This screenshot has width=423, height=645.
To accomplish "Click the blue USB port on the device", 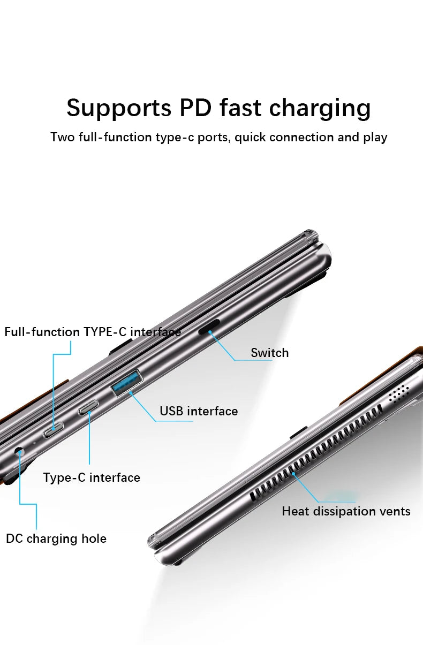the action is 127,383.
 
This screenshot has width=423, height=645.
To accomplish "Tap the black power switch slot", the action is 209,327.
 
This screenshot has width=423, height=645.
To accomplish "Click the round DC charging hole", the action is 19,451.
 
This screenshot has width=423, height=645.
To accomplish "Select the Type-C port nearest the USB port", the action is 88,407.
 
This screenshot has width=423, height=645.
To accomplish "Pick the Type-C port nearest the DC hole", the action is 53,430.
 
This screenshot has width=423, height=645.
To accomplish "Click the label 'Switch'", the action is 269,353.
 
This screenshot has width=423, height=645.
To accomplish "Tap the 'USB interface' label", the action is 199,411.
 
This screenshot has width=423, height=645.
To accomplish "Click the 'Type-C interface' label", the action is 92,477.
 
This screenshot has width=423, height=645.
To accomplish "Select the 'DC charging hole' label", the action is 56,538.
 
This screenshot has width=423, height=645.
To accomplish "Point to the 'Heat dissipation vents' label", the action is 346,511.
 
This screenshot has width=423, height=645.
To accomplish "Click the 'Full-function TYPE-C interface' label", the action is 93,332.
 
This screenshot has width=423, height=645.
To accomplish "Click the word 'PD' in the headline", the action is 196,108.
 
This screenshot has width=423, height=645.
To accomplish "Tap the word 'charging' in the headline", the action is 320,109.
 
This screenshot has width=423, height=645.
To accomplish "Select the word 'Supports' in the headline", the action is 119,109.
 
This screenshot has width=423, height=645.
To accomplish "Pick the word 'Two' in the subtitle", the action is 63,137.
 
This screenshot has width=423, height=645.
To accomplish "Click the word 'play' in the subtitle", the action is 375,138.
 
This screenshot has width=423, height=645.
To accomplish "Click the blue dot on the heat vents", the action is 293,473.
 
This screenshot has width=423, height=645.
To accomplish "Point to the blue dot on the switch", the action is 210,332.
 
